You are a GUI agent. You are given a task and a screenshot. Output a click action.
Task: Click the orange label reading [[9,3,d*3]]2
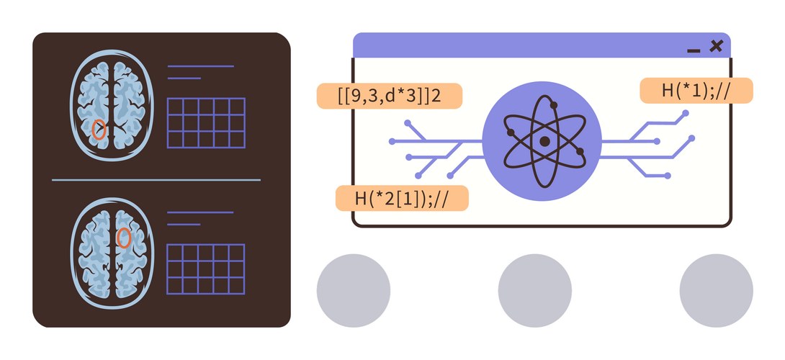point(389,96)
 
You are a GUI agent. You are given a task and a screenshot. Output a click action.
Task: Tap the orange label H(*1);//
point(696,91)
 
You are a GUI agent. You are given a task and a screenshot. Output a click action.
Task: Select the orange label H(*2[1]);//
point(402,198)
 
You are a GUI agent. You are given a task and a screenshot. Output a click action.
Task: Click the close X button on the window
point(717,46)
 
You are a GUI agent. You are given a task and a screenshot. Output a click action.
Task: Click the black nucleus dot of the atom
point(544,142)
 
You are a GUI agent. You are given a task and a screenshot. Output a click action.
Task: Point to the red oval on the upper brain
point(99,129)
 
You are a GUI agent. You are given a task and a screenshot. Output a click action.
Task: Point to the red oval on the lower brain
point(124,238)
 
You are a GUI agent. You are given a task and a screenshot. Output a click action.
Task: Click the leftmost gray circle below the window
point(354,290)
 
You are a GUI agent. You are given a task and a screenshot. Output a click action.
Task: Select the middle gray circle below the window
point(534,290)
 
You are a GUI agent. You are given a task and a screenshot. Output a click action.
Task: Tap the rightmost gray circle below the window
point(716,290)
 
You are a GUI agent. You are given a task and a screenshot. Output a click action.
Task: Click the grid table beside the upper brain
point(206,123)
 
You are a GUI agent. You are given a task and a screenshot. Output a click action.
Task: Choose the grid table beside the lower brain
point(205,269)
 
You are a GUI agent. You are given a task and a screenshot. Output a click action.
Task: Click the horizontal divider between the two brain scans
point(156,180)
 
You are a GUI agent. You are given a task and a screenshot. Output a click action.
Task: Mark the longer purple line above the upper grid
point(201,66)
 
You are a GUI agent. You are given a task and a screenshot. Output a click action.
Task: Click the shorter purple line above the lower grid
point(183,225)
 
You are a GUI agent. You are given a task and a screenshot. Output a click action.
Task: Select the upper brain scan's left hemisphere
point(94,105)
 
